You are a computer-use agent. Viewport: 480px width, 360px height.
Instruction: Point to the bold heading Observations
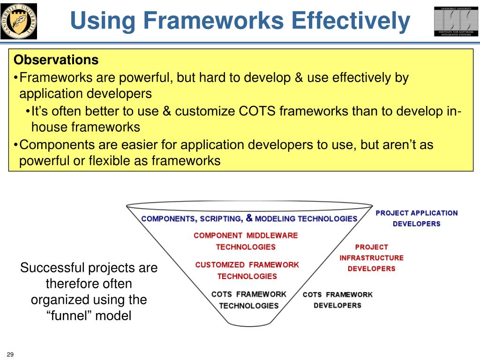(56, 60)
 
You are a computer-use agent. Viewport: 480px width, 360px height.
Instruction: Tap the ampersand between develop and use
(299, 77)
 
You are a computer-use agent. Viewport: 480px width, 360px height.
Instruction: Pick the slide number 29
(10, 354)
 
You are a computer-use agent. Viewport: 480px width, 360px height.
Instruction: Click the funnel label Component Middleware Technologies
(246, 241)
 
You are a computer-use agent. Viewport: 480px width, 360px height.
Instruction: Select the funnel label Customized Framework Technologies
(247, 270)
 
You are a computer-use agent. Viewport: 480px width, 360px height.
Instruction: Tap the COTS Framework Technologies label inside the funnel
(249, 300)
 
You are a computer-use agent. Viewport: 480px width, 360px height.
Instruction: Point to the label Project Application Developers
(417, 218)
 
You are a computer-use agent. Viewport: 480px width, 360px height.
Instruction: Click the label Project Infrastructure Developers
(371, 258)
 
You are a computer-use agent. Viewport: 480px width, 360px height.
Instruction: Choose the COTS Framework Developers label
(337, 300)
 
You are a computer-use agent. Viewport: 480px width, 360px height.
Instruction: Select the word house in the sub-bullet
(49, 127)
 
